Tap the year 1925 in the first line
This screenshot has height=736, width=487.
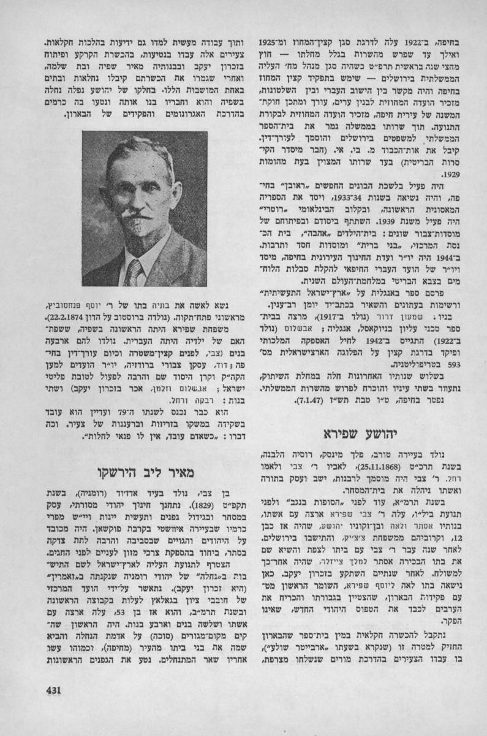265,46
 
